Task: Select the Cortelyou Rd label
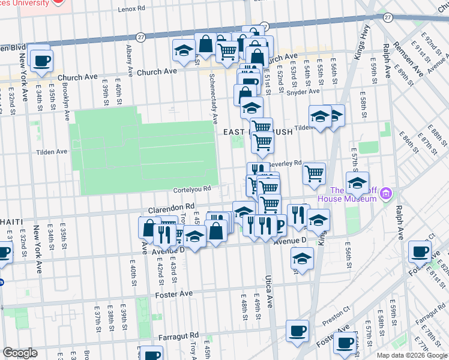(x=192, y=188)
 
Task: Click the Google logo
(x=20, y=353)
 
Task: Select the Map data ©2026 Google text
(x=412, y=355)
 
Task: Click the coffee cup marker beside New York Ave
(x=41, y=61)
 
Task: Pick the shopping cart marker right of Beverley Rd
(x=315, y=174)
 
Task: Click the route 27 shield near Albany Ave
(x=140, y=36)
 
